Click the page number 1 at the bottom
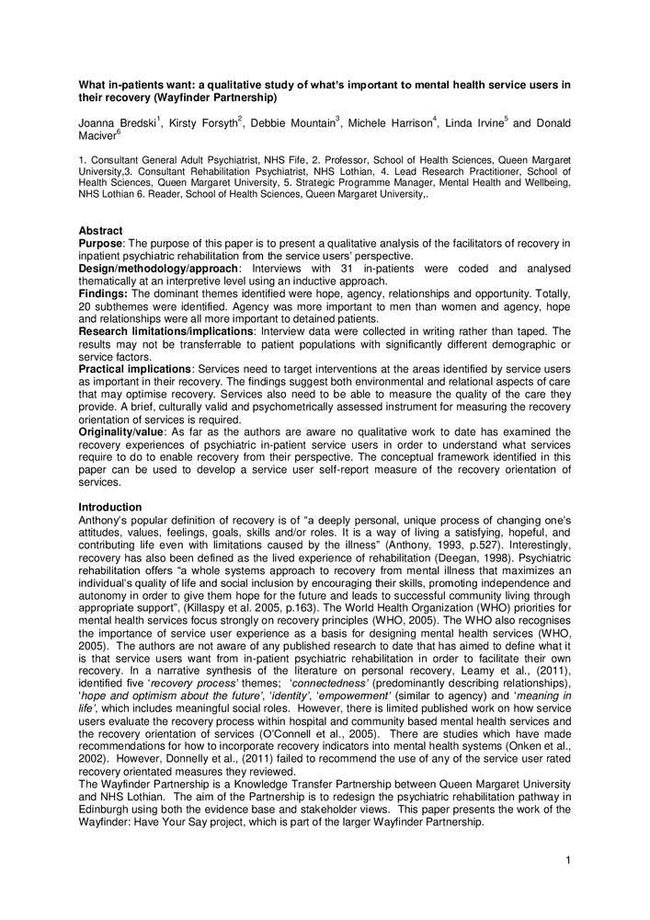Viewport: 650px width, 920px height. pos(568,859)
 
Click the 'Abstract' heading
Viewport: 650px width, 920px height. pos(99,231)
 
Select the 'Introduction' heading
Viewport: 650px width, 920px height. pos(109,507)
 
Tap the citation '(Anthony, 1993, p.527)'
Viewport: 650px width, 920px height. pos(404,543)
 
